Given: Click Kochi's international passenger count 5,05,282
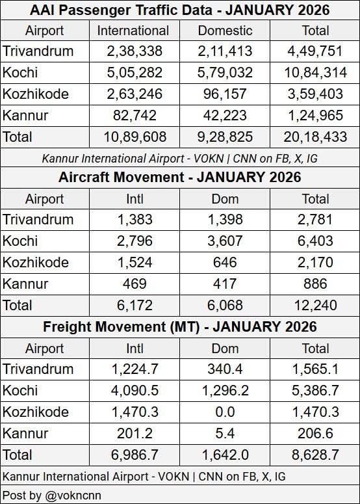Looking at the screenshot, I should pos(133,73).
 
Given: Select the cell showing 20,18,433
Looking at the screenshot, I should pos(315,137).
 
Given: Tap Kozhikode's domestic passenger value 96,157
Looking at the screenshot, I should pos(225,94).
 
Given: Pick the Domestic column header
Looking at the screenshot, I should pos(225,31).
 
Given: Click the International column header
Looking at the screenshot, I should pos(133,31).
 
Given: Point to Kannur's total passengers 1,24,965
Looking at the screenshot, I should pos(315,116).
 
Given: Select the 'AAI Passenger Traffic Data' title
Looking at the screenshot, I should pos(180,10).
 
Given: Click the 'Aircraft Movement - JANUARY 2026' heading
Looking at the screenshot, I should pos(180,178).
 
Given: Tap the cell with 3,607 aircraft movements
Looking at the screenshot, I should pos(225,241).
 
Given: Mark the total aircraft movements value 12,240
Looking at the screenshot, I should pos(315,304).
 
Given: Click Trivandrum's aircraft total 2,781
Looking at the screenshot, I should pos(315,220).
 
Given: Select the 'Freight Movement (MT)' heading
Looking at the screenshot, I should pos(180,326).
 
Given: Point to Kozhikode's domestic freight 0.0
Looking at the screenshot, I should pos(225,411).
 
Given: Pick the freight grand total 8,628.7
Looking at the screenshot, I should pos(315,453).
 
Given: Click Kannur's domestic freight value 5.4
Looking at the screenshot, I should pos(225,432).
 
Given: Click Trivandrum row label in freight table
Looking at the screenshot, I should pos(38,369).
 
